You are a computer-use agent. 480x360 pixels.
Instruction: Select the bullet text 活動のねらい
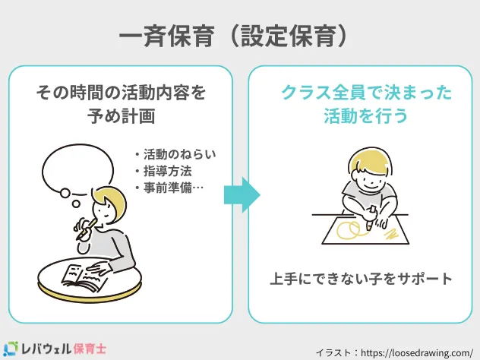[174, 155]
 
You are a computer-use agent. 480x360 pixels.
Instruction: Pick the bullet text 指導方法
[163, 172]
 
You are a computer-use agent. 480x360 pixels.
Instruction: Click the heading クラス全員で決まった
[366, 93]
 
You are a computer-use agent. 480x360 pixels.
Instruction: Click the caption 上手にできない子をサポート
[362, 279]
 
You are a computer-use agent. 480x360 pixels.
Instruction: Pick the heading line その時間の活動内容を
[122, 93]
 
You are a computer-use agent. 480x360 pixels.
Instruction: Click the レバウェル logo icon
[13, 348]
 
